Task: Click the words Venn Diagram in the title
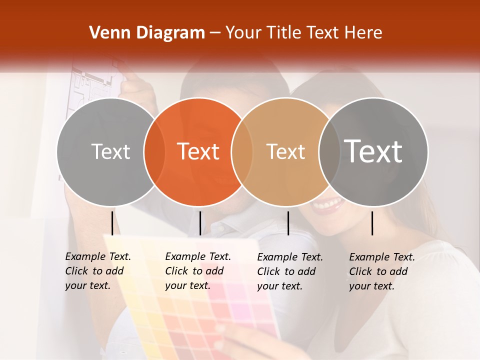pyautogui.click(x=147, y=33)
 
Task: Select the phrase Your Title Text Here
pyautogui.click(x=303, y=33)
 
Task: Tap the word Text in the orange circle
pyautogui.click(x=198, y=151)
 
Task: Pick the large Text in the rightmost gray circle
pyautogui.click(x=373, y=151)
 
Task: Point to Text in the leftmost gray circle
pyautogui.click(x=110, y=151)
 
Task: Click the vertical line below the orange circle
pyautogui.click(x=200, y=223)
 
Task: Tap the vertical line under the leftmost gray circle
pyautogui.click(x=112, y=223)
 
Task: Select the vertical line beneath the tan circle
pyautogui.click(x=288, y=223)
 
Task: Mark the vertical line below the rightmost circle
pyautogui.click(x=372, y=223)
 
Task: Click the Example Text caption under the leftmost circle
pyautogui.click(x=97, y=271)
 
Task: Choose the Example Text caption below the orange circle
pyautogui.click(x=197, y=271)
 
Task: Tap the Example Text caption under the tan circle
pyautogui.click(x=289, y=271)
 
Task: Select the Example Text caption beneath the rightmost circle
pyautogui.click(x=381, y=271)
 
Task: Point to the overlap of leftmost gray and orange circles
pyautogui.click(x=154, y=152)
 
